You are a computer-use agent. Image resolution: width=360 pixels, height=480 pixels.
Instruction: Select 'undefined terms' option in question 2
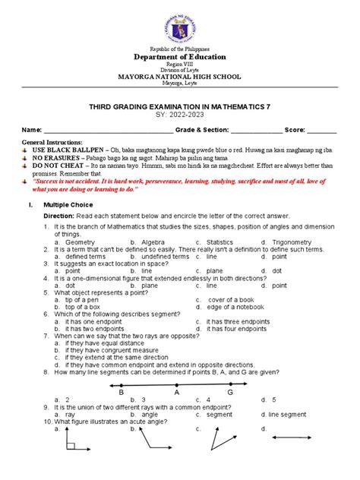click(x=168, y=257)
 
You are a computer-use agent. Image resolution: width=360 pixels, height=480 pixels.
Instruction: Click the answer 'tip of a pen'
click(x=85, y=299)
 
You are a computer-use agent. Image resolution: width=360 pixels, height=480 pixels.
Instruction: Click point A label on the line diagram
click(x=176, y=393)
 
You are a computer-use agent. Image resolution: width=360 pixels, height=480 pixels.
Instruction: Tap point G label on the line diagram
click(x=230, y=393)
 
